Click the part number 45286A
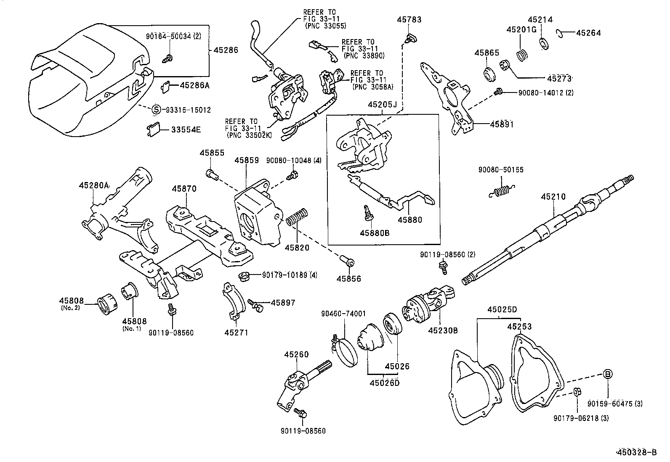pyautogui.click(x=194, y=85)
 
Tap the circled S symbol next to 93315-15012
pyautogui.click(x=156, y=110)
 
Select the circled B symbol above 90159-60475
pyautogui.click(x=608, y=373)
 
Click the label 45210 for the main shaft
pyautogui.click(x=553, y=197)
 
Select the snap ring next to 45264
pyautogui.click(x=560, y=32)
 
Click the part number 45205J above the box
pyautogui.click(x=383, y=105)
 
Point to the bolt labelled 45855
pyautogui.click(x=212, y=174)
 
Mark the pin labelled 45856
pyautogui.click(x=348, y=261)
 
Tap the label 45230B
pyautogui.click(x=443, y=330)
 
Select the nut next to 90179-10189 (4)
pyautogui.click(x=244, y=277)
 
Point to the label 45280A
pyautogui.click(x=94, y=185)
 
